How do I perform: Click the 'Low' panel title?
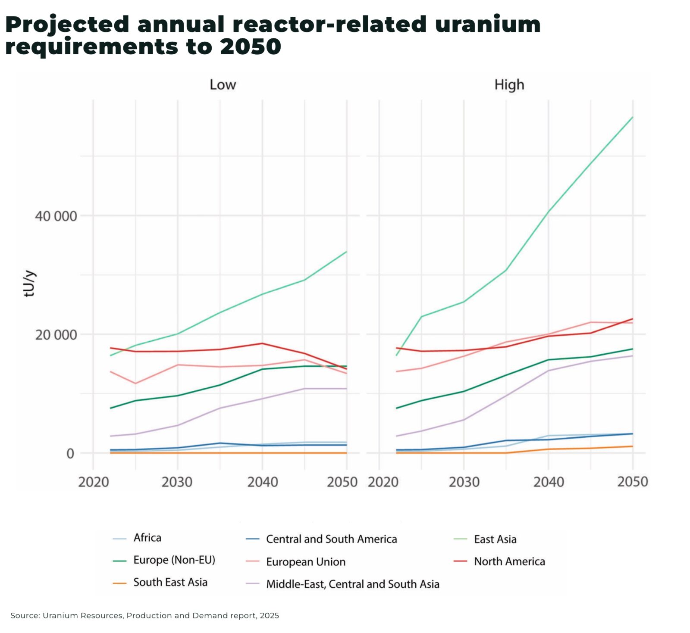coord(223,84)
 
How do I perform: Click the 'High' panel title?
coord(509,84)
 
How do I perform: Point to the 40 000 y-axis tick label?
coord(56,216)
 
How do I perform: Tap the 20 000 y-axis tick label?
coord(56,334)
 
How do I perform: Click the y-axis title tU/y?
coord(29,283)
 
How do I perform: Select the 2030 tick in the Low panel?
coord(177,481)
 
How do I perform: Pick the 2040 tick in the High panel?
coord(548,481)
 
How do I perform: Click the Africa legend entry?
coord(147,537)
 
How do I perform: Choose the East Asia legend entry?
coord(495,539)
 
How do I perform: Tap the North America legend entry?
coord(509,561)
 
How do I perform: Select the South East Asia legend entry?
coord(170,582)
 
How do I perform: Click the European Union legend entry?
coord(305,561)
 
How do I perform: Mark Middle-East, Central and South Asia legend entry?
coord(352,584)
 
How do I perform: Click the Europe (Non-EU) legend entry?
coord(174,560)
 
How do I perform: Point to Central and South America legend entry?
coord(331,539)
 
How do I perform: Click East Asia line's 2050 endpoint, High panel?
coord(632,117)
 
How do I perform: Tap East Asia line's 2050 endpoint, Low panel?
coord(346,251)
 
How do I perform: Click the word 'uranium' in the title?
coord(487,24)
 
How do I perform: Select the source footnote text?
coord(144,615)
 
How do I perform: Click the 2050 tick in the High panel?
coord(632,481)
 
